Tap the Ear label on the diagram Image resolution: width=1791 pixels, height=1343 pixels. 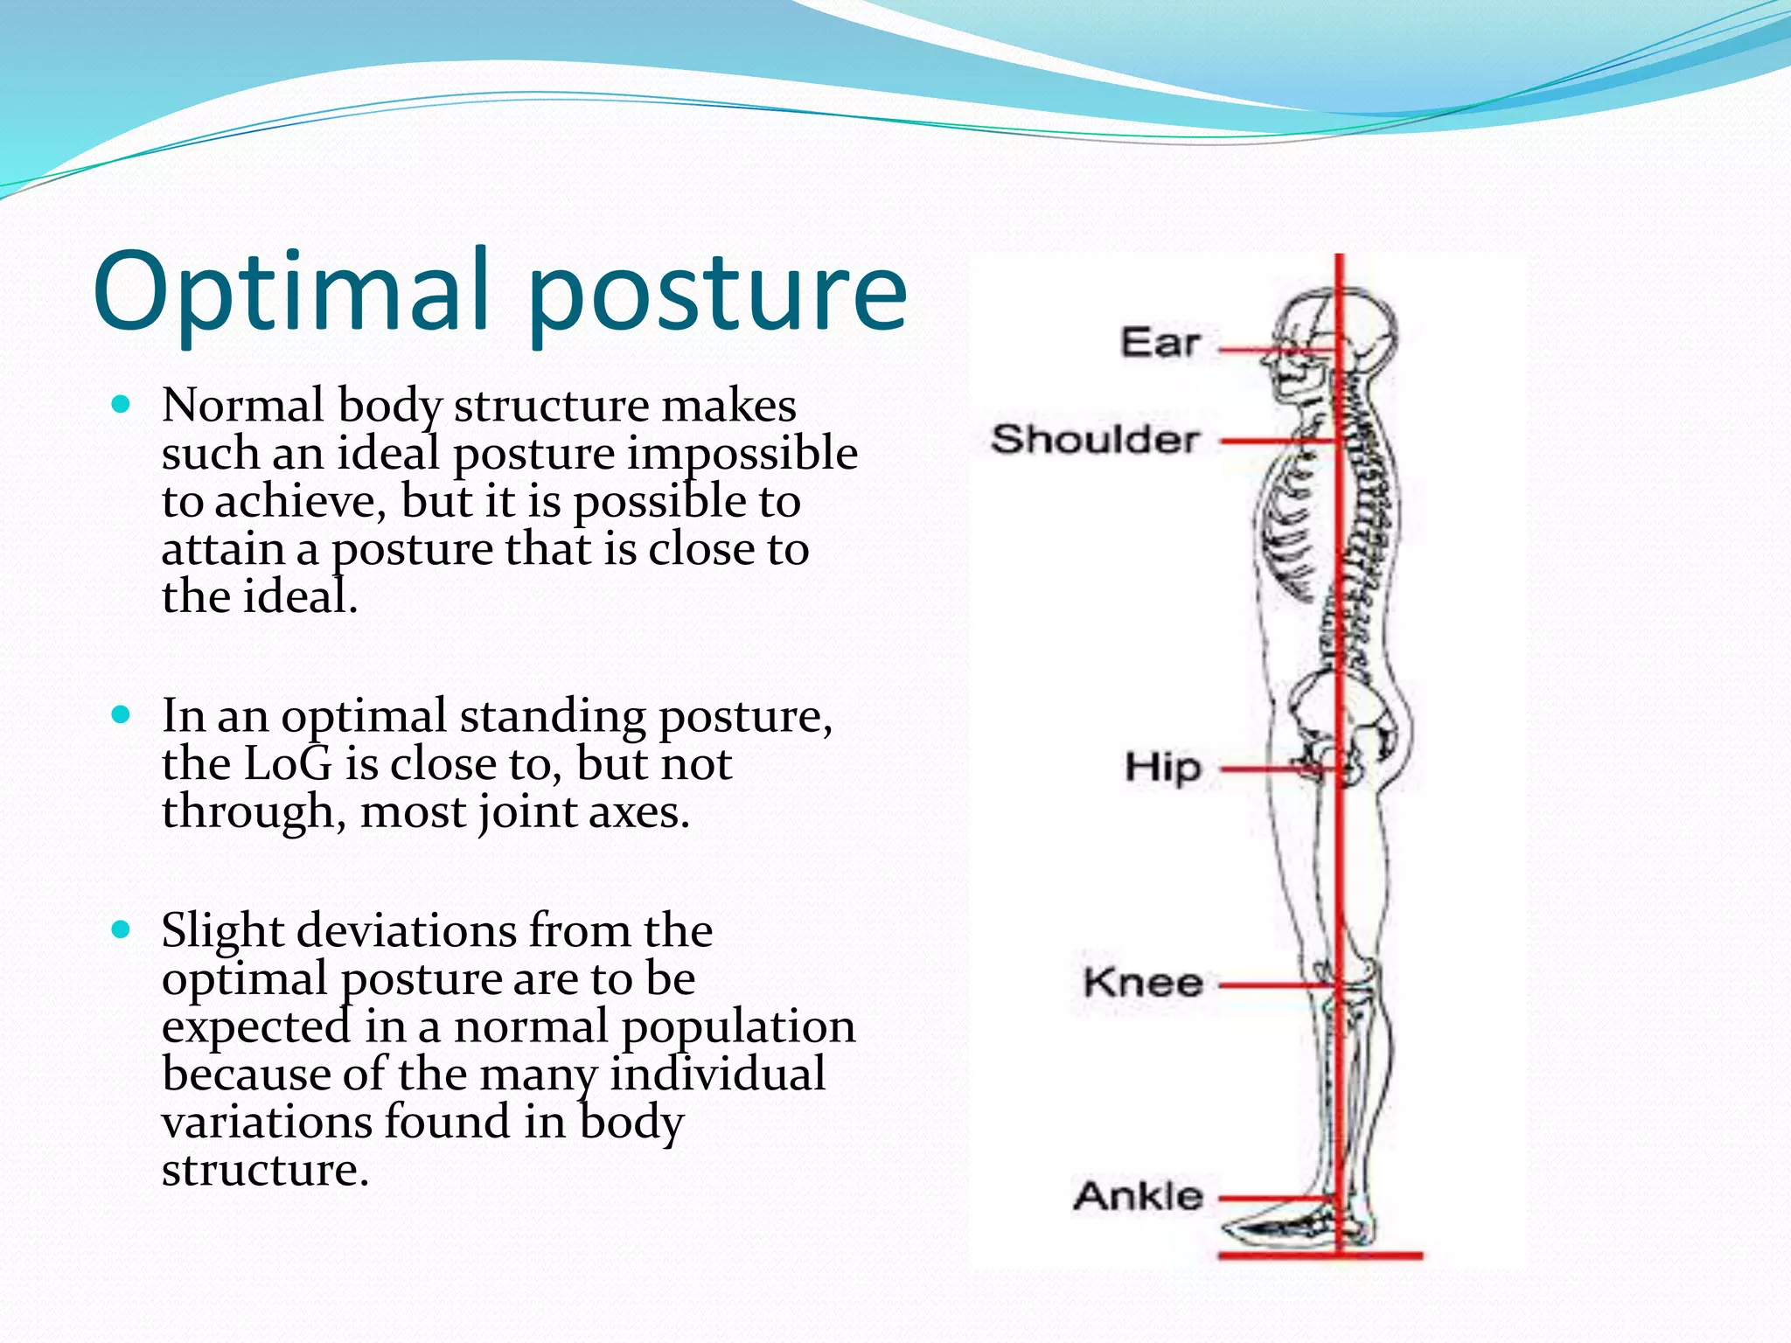pyautogui.click(x=1160, y=342)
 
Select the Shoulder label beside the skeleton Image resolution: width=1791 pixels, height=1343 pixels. pyautogui.click(x=1093, y=439)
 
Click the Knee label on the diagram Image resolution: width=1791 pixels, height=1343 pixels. pyautogui.click(x=1143, y=983)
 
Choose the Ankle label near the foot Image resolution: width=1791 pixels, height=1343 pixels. pyautogui.click(x=1138, y=1196)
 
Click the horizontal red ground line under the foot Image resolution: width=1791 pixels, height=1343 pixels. pyautogui.click(x=1321, y=1256)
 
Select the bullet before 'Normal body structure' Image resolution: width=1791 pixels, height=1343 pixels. pyautogui.click(x=122, y=405)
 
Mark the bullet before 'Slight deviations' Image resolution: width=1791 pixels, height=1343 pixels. pyautogui.click(x=122, y=929)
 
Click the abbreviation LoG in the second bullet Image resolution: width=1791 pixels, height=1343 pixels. pyautogui.click(x=289, y=764)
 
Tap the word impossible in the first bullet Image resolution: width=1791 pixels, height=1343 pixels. pyautogui.click(x=742, y=454)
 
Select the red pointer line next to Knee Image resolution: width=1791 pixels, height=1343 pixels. pyautogui.click(x=1277, y=985)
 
